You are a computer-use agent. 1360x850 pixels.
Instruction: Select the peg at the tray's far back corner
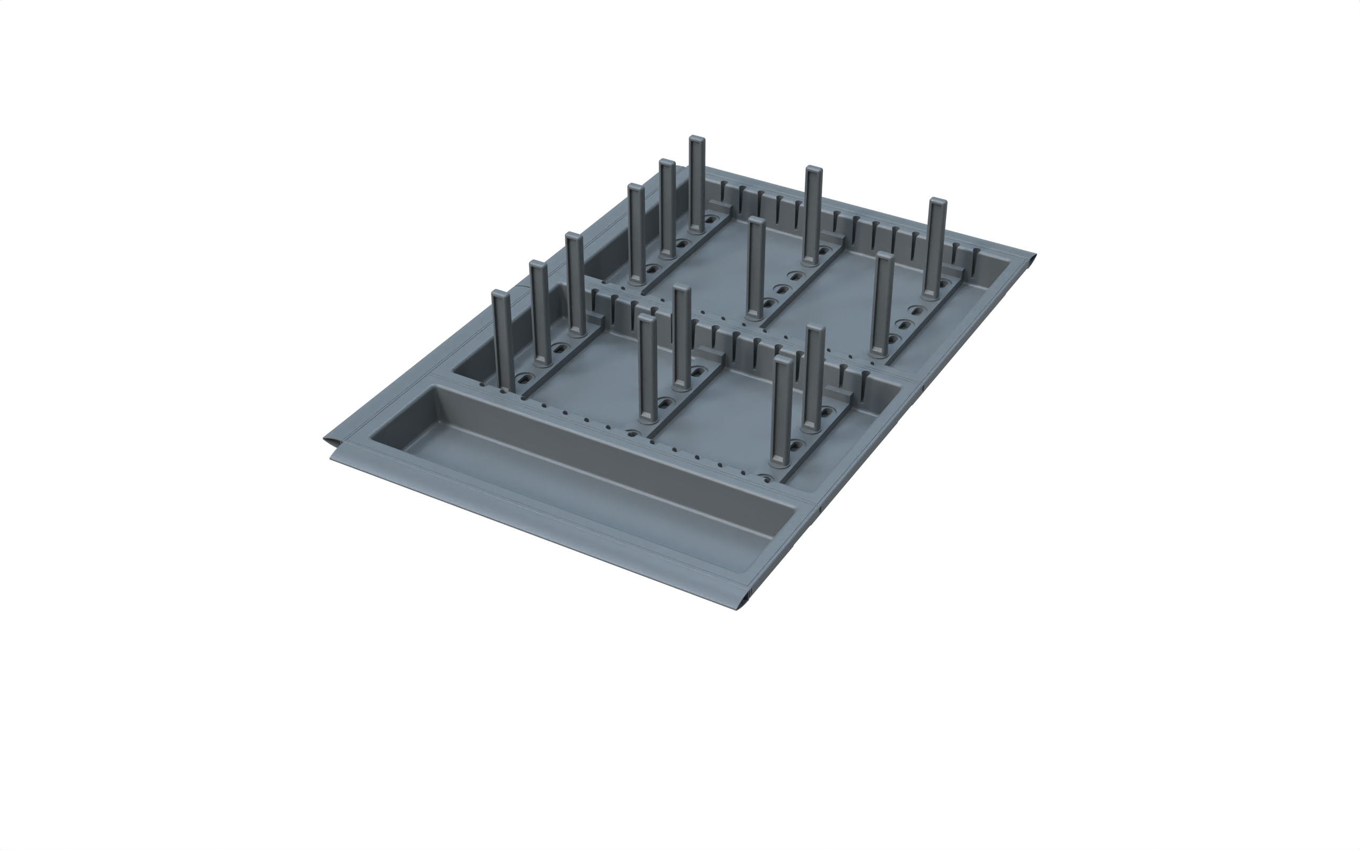(x=697, y=139)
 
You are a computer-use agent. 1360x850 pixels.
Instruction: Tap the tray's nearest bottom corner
(x=737, y=609)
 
